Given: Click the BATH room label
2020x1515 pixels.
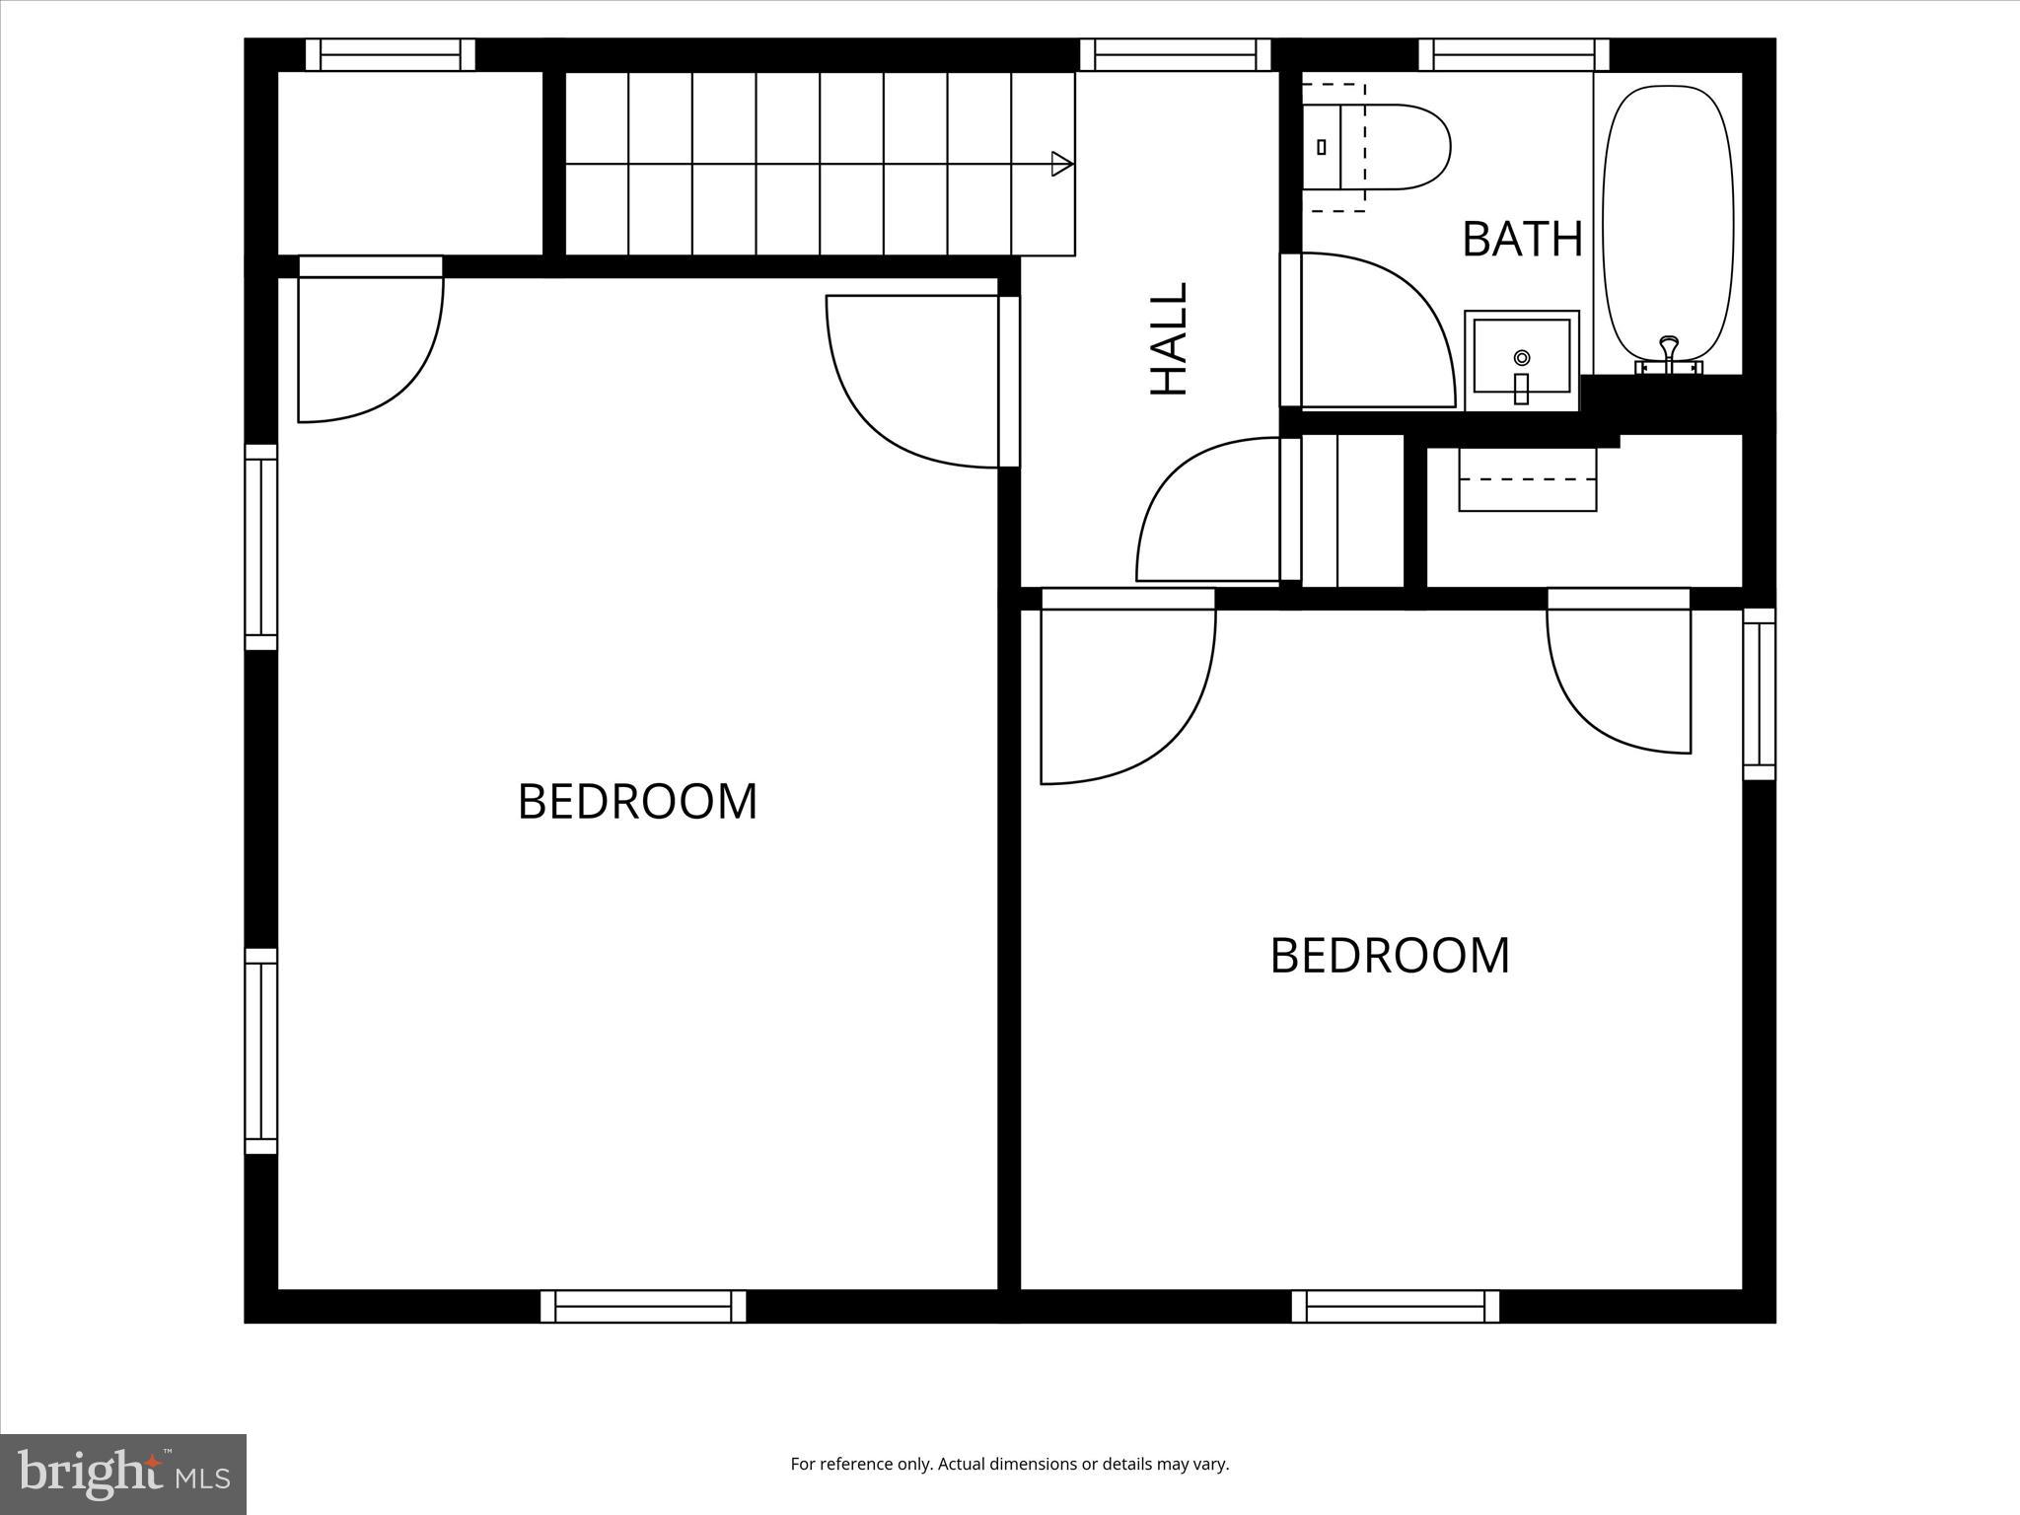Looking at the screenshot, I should [1521, 239].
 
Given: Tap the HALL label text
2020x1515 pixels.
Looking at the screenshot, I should [1170, 339].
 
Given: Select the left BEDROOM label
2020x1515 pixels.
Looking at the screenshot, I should [637, 801].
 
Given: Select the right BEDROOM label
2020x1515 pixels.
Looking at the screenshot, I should [1389, 956].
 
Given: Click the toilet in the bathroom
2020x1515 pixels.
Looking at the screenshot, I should [1381, 147].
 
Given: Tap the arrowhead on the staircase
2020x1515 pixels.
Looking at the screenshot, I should [1061, 164].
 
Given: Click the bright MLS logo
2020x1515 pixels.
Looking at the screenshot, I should [122, 1474].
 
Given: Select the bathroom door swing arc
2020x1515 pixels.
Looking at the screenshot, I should [1401, 316].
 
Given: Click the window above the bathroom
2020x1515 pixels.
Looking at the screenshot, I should [1513, 55].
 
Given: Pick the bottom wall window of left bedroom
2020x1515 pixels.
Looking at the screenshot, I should [643, 1306].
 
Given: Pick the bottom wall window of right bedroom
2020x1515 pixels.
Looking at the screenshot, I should [1395, 1306].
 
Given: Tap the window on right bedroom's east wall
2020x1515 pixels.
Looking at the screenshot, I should [1759, 693].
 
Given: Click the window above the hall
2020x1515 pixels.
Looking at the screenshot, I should [1175, 55].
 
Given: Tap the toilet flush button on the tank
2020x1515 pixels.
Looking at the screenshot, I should [1322, 147].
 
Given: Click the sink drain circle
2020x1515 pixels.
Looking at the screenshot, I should [1522, 356].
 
